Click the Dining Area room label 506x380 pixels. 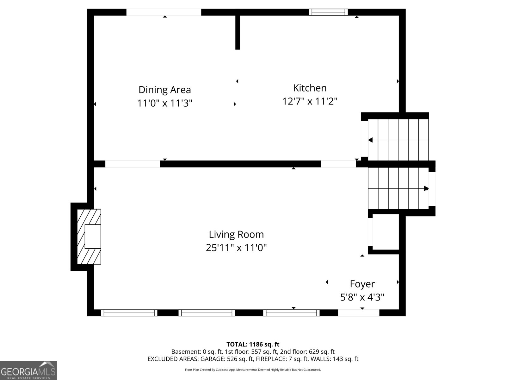pos(164,90)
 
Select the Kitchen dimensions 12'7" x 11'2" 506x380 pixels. pos(310,101)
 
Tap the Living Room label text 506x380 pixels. pos(236,234)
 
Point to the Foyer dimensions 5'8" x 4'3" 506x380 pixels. pos(362,297)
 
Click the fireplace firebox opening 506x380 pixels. pos(93,237)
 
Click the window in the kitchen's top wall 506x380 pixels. pos(328,12)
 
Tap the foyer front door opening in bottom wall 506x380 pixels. pos(359,313)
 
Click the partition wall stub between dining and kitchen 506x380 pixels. pos(238,32)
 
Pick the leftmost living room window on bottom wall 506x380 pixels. pos(129,313)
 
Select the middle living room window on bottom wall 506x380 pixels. pos(207,313)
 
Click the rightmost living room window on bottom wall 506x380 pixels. pos(291,313)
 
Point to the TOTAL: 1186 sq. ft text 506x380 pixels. pos(253,344)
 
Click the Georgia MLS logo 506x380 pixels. pos(28,370)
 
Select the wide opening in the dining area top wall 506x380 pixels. pos(164,12)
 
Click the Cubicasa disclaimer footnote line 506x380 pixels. pos(253,370)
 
